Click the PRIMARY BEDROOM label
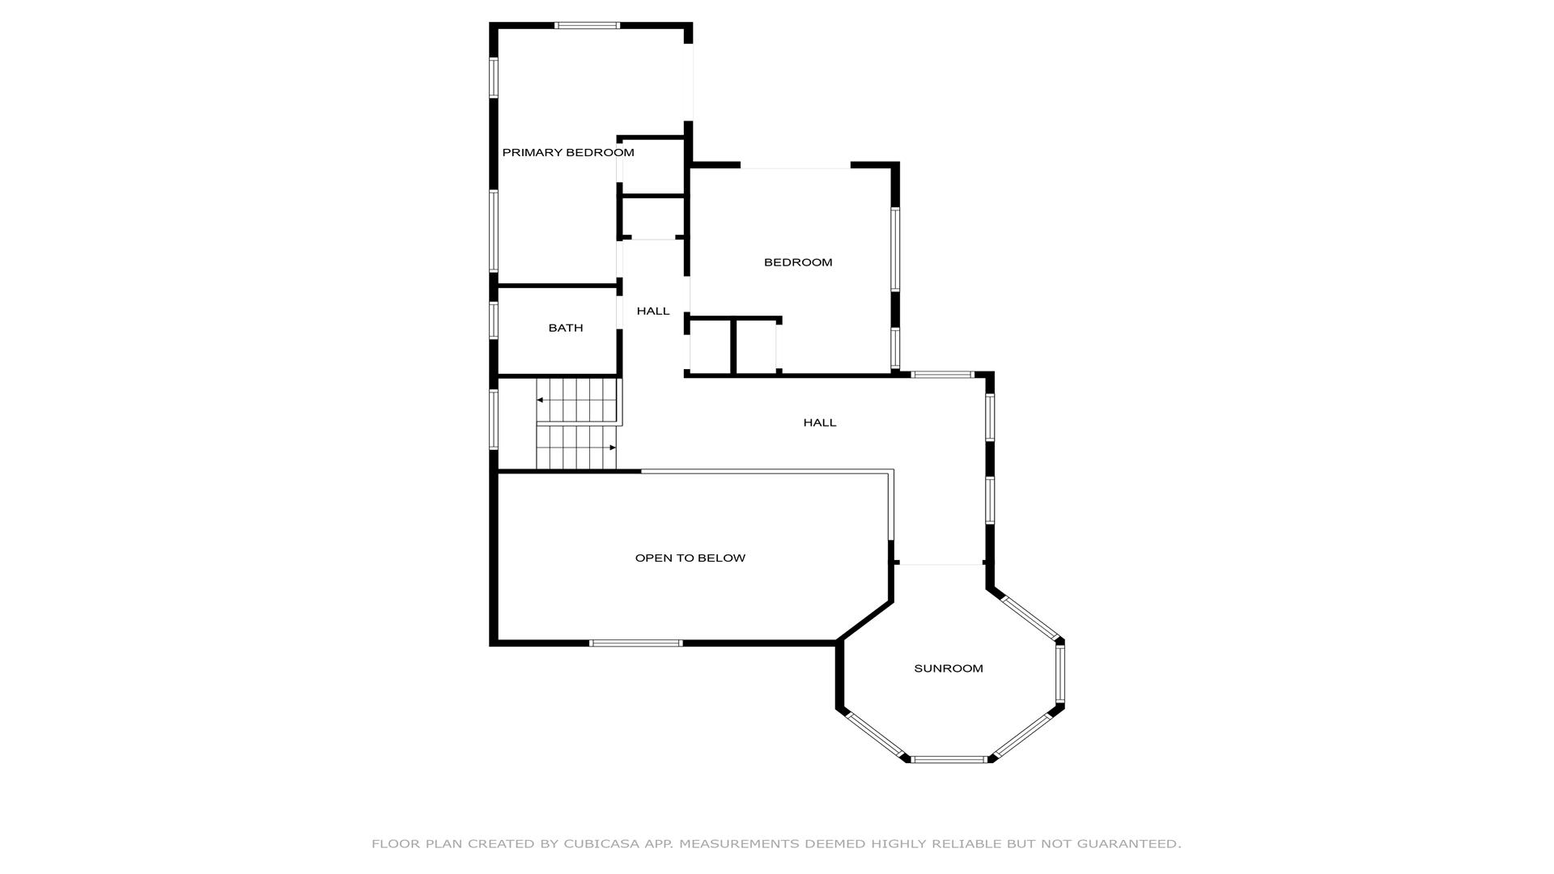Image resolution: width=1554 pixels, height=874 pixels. coord(568,153)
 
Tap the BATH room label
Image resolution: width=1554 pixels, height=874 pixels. coord(566,328)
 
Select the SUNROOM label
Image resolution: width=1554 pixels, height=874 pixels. coord(949,668)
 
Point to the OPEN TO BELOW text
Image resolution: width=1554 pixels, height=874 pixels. coord(690,558)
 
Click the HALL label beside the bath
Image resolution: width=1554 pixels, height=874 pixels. coord(653,311)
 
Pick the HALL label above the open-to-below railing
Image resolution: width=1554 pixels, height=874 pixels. coord(820,422)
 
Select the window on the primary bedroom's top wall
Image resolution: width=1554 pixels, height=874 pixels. coord(587,26)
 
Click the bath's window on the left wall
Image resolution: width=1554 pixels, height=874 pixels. coord(494,320)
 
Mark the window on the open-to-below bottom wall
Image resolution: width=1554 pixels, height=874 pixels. coord(636,643)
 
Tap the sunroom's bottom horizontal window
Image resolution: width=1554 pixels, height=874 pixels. coord(949,760)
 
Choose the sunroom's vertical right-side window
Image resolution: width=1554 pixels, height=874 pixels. coord(1060,673)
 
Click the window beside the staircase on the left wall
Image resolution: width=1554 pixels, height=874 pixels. coord(494,419)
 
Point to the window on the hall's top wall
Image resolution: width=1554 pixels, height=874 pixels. coord(942,375)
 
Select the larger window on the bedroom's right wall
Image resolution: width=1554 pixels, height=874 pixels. coord(896,249)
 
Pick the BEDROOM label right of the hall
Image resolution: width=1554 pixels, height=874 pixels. coord(798,262)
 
